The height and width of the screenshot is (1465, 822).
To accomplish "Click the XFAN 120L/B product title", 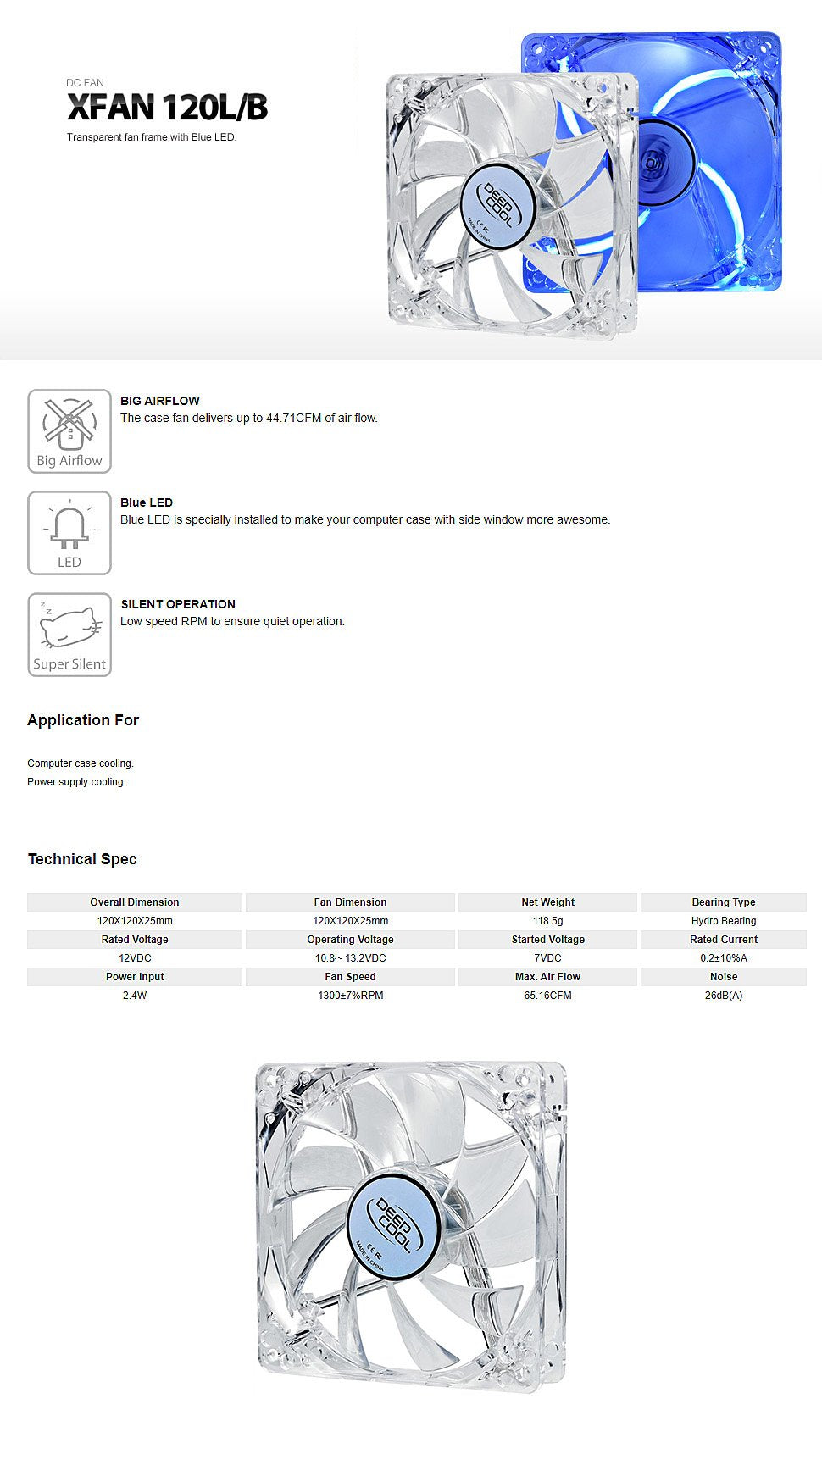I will coord(167,108).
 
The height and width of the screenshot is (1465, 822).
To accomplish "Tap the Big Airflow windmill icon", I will coord(69,430).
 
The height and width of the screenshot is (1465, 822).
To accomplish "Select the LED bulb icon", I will coord(69,532).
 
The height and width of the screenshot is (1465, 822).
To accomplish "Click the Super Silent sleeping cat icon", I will coord(69,634).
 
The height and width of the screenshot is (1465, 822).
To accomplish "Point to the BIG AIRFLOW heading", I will coord(160,401).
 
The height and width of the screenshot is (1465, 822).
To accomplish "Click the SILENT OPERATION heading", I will coord(178,604).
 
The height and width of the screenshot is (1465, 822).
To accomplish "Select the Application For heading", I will coord(83,720).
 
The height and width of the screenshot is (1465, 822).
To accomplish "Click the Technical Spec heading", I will coord(82,859).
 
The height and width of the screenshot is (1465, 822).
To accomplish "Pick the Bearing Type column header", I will coord(723,902).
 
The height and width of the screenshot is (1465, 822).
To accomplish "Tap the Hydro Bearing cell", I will coord(723,921).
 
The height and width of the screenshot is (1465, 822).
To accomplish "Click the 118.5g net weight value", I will coord(547,921).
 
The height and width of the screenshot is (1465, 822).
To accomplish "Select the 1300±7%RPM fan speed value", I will coord(350,996).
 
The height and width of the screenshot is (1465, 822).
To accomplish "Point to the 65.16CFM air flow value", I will coord(547,996).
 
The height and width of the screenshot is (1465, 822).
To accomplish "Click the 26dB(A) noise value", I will coord(723,996).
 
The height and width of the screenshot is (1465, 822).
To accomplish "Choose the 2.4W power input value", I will coord(135,996).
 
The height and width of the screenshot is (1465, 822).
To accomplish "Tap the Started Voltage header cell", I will coord(547,940).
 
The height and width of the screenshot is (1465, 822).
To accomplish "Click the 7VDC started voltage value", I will coord(547,958).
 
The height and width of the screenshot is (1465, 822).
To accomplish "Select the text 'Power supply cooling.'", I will coord(76,782).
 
